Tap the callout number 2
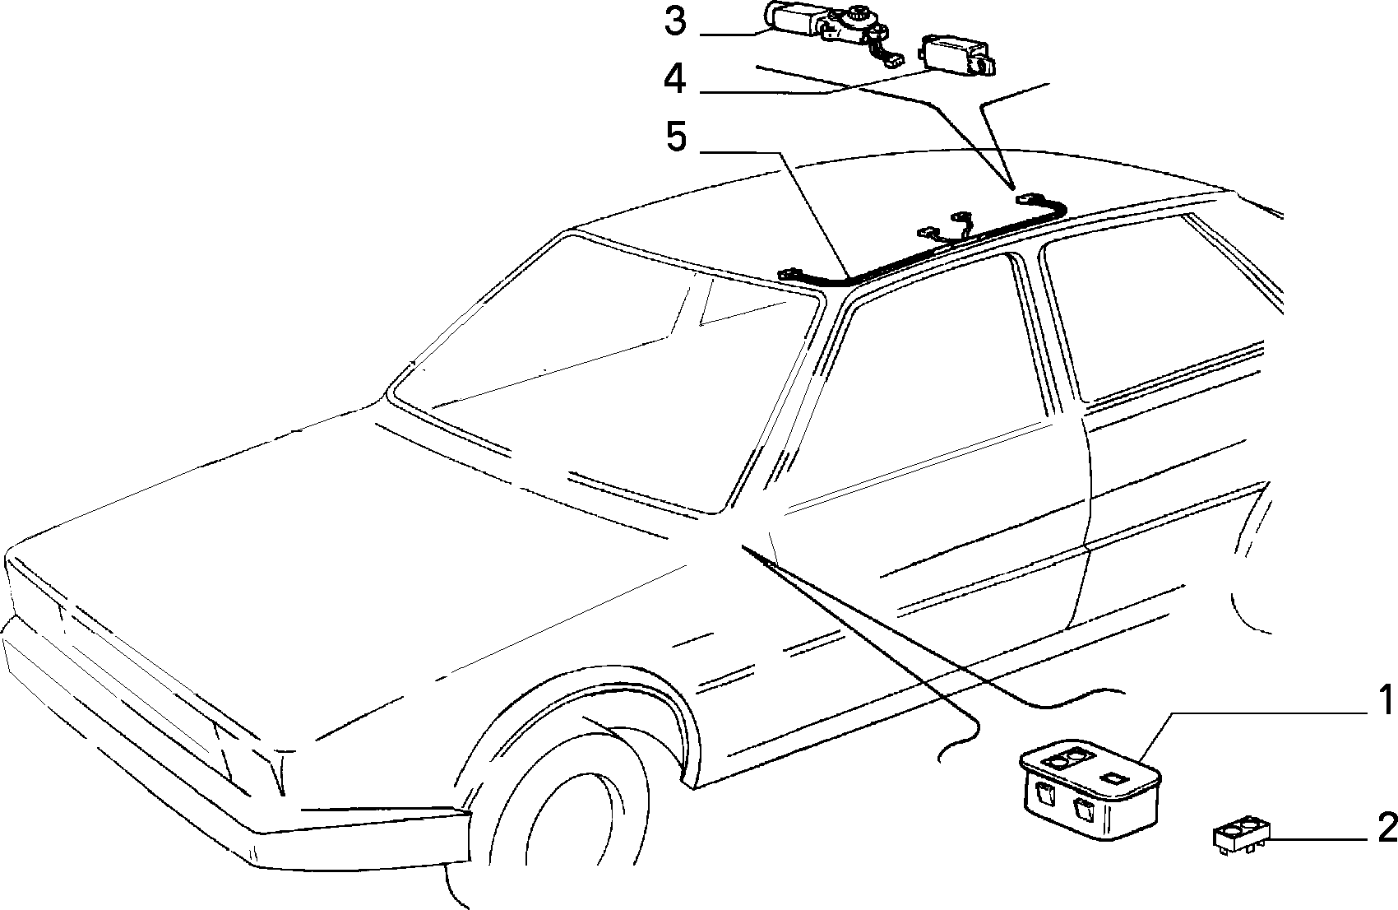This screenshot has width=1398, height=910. (x=1386, y=829)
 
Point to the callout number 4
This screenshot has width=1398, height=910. (x=674, y=80)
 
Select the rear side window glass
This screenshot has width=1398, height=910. (x=1155, y=306)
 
